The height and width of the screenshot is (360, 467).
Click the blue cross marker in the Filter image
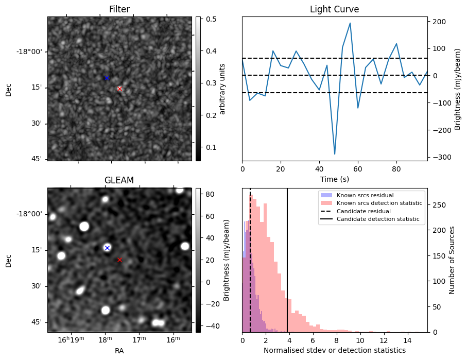click(x=107, y=78)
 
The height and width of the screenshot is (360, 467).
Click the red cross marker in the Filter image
click(x=119, y=89)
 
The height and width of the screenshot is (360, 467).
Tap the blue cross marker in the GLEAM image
click(x=107, y=248)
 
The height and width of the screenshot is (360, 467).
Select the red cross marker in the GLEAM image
click(x=119, y=260)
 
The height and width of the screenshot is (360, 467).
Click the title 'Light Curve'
click(x=334, y=9)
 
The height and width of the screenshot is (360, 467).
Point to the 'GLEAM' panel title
click(x=119, y=180)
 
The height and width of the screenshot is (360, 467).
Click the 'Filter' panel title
click(x=119, y=9)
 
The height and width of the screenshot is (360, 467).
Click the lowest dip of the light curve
click(x=335, y=154)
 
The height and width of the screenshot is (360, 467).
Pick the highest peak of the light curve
click(x=350, y=23)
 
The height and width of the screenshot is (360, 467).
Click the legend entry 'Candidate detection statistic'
click(x=377, y=219)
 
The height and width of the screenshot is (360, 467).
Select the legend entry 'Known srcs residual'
click(x=365, y=196)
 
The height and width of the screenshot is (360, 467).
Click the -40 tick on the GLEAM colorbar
click(x=209, y=326)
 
